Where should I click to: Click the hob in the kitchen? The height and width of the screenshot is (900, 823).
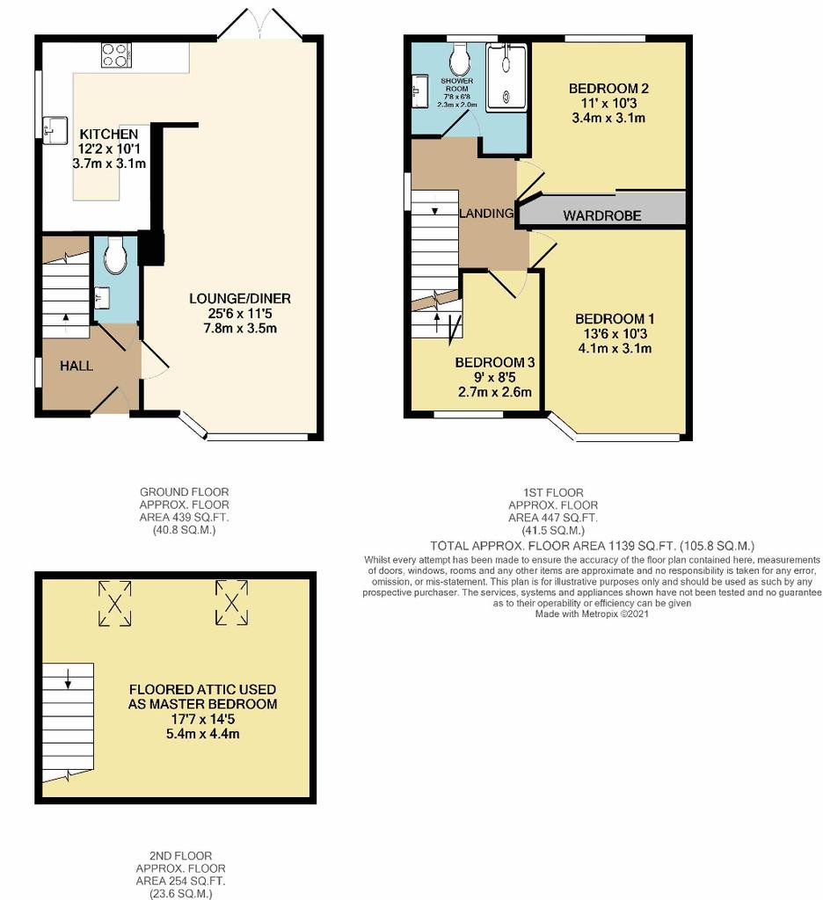click(x=117, y=55)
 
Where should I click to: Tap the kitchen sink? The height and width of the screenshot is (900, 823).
click(x=55, y=130)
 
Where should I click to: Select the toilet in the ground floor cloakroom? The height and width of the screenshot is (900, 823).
click(x=115, y=255)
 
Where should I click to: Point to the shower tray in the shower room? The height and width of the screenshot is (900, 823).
click(x=506, y=77)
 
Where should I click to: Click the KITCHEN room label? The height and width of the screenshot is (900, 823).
click(x=108, y=134)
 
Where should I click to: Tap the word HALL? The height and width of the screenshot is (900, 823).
click(x=76, y=367)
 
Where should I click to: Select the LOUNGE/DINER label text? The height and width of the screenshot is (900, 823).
click(x=240, y=299)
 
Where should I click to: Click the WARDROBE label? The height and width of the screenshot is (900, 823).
click(x=602, y=216)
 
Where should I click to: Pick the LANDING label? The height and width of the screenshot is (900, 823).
click(x=486, y=214)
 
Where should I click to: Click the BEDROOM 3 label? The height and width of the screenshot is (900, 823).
click(x=494, y=363)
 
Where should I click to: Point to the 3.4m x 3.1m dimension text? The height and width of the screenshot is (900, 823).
click(x=608, y=119)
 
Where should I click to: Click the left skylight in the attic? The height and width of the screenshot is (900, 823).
click(x=115, y=603)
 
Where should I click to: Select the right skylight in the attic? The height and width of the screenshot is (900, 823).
click(x=231, y=603)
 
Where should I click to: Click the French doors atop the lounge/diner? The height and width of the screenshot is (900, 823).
click(x=260, y=24)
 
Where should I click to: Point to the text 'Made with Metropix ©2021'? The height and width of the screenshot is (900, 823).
click(x=592, y=614)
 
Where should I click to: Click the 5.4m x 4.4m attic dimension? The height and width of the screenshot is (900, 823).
click(x=203, y=734)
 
